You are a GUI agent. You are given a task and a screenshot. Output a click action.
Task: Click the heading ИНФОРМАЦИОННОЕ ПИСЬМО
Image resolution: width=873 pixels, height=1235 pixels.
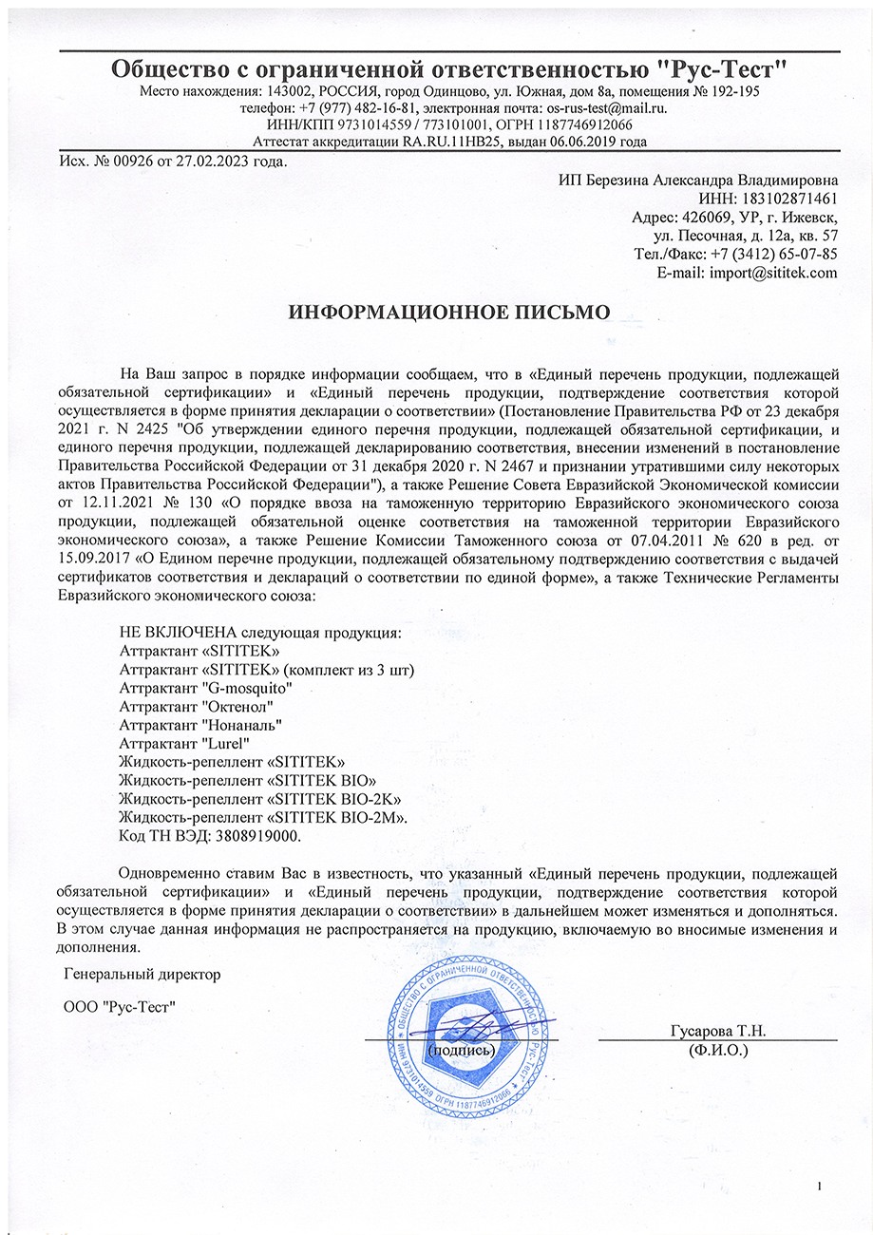[447, 312]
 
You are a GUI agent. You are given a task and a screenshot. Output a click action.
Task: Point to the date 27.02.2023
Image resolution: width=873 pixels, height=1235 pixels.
[206, 161]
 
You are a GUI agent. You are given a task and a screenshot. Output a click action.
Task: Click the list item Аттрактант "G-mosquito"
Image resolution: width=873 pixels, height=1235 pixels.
[205, 688]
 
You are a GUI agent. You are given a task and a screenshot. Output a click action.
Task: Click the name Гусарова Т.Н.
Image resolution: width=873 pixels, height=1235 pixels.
[717, 1031]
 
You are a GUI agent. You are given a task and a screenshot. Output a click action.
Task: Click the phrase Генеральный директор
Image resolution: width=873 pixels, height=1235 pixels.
[141, 975]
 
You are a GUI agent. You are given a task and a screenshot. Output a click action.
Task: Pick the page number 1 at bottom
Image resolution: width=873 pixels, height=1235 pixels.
[820, 1186]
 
